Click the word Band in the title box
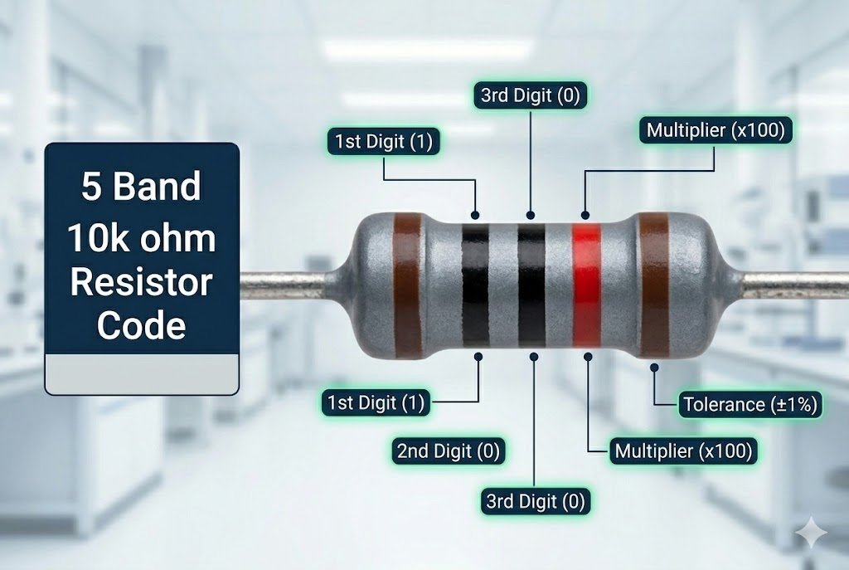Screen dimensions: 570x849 point(158,188)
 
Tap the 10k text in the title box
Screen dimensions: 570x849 point(95,239)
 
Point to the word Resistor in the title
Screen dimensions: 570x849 point(141,282)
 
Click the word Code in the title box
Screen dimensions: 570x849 point(141,325)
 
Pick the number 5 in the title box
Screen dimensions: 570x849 point(91,188)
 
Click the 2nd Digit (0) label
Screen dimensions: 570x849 point(449,451)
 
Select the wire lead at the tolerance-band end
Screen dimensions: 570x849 point(796,285)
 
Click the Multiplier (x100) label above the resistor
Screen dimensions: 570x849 point(715,130)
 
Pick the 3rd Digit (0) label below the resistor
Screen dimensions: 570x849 point(534,501)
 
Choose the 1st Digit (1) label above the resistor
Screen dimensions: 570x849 point(382,141)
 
